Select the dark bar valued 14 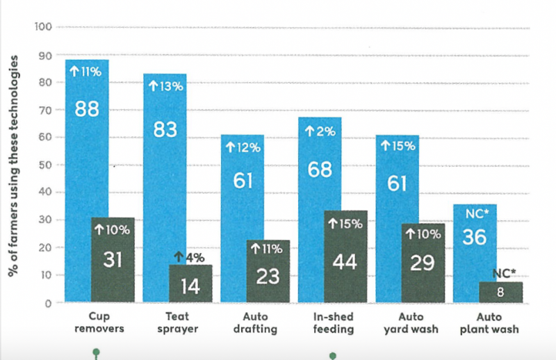[190, 285]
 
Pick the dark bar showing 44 [346, 257]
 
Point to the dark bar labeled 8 [500, 293]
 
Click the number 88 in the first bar [87, 109]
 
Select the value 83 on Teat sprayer [165, 129]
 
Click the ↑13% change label [165, 86]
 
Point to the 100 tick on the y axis [43, 27]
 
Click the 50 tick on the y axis [45, 165]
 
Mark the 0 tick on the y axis [49, 303]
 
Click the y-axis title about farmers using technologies [13, 165]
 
